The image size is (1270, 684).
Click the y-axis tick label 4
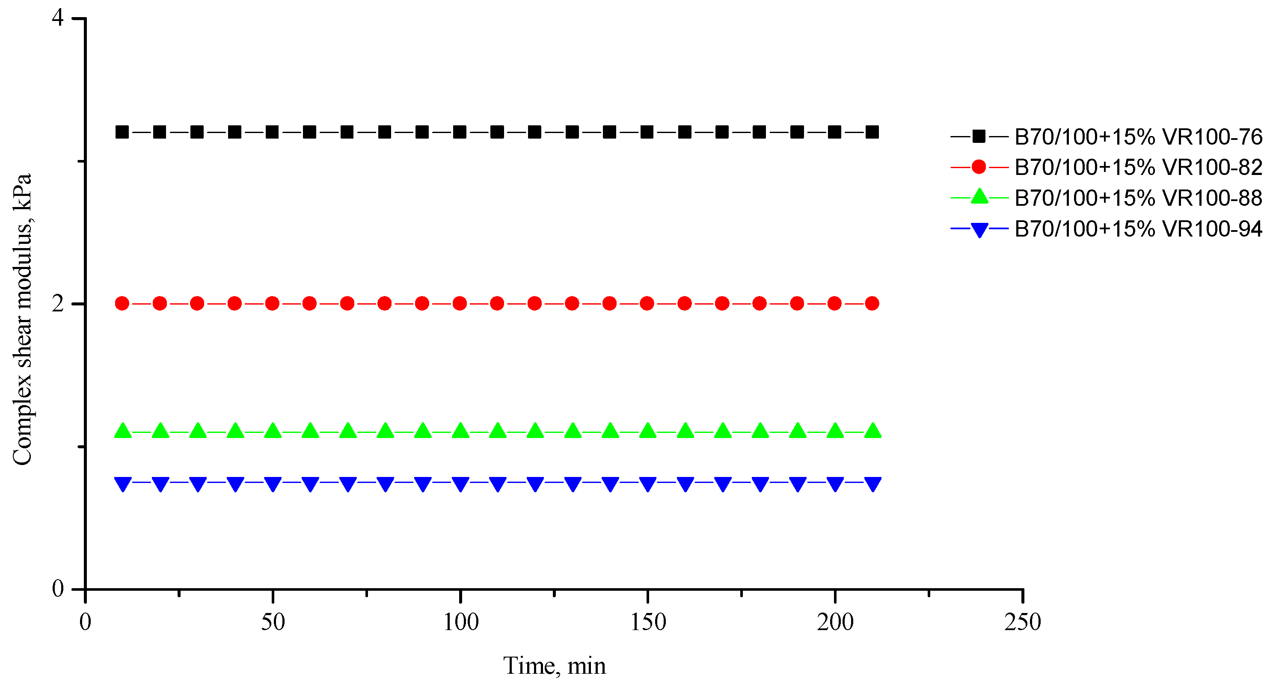click(58, 18)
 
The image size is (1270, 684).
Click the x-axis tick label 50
click(273, 622)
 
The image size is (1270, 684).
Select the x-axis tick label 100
click(460, 622)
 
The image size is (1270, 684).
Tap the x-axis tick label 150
click(648, 622)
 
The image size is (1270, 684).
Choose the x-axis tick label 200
click(835, 622)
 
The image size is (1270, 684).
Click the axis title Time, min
click(554, 666)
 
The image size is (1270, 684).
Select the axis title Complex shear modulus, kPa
click(22, 320)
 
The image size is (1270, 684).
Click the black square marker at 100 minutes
click(460, 132)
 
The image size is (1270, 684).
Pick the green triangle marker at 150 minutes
click(648, 431)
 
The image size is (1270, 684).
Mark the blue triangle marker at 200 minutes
click(835, 483)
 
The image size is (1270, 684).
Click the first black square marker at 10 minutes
click(122, 132)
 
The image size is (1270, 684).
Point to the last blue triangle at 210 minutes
click(872, 483)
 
